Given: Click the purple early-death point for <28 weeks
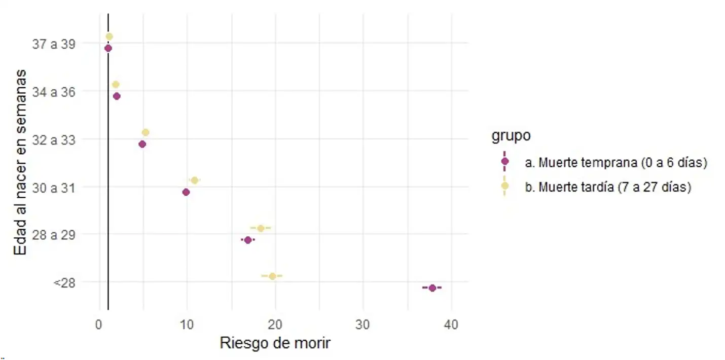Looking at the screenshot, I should pos(432,288).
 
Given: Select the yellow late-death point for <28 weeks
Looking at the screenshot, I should pos(272,276).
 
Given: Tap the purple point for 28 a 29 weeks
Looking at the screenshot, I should pos(248,240).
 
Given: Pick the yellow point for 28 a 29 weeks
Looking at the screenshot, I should pos(261,228).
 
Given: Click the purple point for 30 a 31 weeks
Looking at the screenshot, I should pos(186,192).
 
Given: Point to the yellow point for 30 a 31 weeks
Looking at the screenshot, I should pos(194,180).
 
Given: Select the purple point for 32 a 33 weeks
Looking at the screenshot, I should pos(142,144).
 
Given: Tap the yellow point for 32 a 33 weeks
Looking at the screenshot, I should pos(146,132).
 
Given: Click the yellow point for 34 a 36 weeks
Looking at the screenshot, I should pos(116,84).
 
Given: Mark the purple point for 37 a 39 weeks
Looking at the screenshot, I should pos(108,48).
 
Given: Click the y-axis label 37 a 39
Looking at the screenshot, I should pos(54,44).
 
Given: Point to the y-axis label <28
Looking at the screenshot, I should pos(64,282).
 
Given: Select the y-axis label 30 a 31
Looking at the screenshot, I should pos(54,188).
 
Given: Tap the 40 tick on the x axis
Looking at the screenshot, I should pos(451,325).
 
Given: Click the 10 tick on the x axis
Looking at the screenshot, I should pos(187,325).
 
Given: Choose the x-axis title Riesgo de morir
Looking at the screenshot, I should pos(275,343).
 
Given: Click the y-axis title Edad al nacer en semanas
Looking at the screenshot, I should pos(20,163).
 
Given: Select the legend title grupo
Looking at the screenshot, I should pos(511,136).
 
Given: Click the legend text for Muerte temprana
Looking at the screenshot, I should pos(615,163).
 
